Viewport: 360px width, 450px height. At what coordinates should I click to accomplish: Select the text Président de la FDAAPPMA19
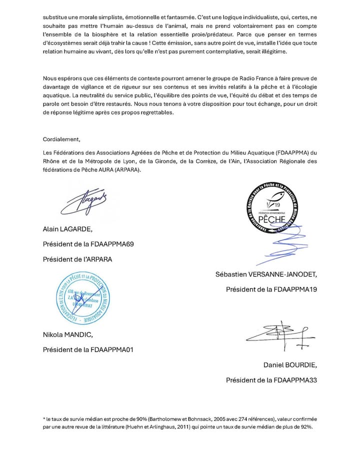[x=271, y=289]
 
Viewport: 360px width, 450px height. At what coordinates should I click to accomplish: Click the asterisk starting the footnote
[x=44, y=417]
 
